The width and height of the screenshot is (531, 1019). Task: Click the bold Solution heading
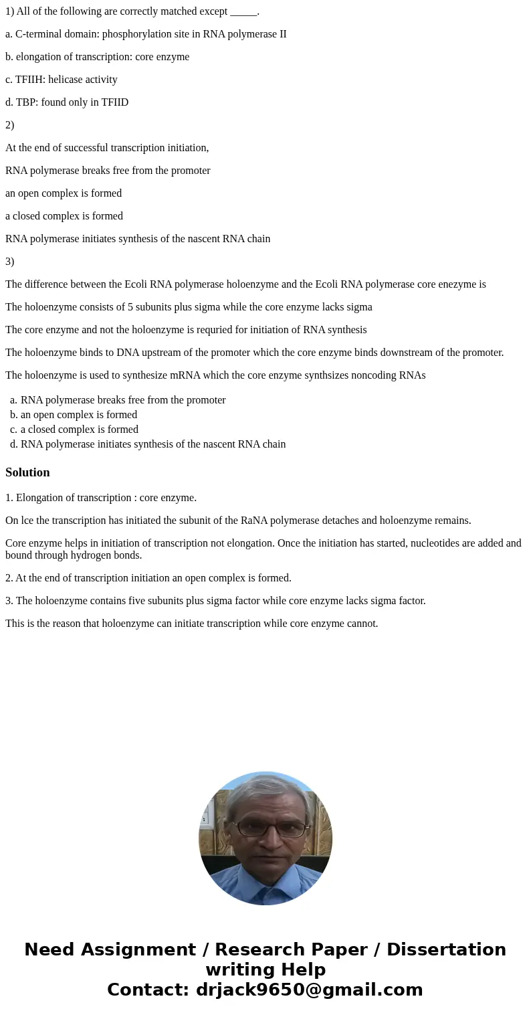tap(27, 472)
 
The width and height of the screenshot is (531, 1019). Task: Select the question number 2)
tap(9, 125)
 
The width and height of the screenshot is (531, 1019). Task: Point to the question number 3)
tap(9, 262)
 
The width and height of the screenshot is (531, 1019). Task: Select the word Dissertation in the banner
tap(446, 950)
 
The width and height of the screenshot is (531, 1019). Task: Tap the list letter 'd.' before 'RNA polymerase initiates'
tap(13, 444)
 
